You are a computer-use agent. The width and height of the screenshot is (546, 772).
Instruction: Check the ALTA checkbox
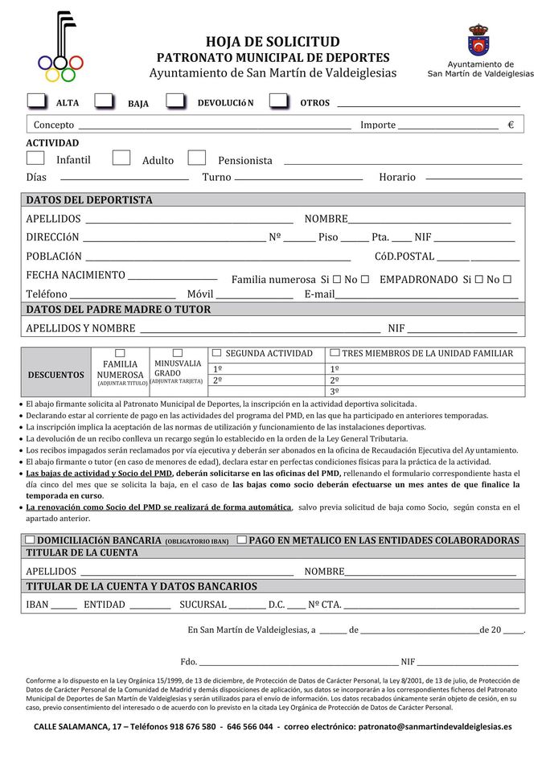[x=36, y=101]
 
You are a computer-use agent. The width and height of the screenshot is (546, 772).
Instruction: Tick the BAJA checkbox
[x=104, y=101]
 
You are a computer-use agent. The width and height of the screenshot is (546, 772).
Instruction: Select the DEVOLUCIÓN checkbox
[x=175, y=101]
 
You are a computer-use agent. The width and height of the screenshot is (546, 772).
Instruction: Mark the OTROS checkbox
[x=278, y=101]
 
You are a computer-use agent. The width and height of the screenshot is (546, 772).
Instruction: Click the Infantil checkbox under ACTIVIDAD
[x=35, y=158]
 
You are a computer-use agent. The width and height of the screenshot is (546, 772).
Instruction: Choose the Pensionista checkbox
[x=196, y=158]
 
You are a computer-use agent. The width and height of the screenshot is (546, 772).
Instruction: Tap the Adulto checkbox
[x=121, y=158]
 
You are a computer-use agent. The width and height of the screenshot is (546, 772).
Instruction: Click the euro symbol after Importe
[x=511, y=125]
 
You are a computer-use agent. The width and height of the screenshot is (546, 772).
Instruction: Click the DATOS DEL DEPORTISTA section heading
[x=89, y=200]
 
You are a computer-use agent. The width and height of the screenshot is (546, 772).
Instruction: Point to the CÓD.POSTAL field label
[x=404, y=257]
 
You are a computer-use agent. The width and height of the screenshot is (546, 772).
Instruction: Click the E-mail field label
[x=319, y=294]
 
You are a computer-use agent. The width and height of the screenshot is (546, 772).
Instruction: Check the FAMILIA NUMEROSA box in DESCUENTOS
[x=121, y=353]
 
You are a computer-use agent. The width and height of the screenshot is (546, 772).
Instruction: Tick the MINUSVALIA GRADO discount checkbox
[x=178, y=353]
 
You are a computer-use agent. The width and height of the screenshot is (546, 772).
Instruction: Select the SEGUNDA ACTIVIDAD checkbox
[x=216, y=353]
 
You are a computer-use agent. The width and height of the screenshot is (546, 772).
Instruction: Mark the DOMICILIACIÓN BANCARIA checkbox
[x=30, y=540]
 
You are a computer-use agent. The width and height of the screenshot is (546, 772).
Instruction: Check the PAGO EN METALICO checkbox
[x=242, y=540]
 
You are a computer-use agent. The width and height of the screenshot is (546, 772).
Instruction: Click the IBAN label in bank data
[x=38, y=605]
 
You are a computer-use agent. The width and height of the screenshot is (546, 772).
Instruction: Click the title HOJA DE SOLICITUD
[x=273, y=42]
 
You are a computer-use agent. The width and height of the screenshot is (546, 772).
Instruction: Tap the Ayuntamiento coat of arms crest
[x=479, y=40]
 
